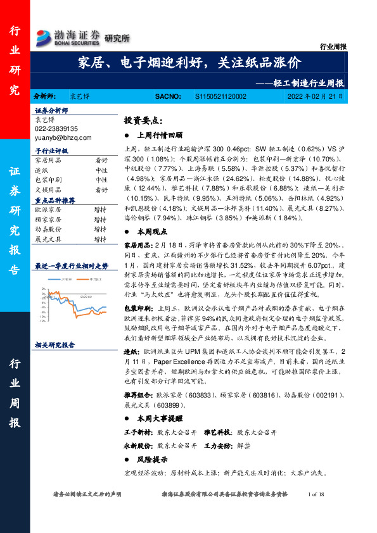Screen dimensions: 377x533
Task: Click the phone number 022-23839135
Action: click(60, 129)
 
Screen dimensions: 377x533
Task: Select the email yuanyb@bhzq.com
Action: click(63, 137)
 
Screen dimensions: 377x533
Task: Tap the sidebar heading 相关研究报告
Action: click(55, 345)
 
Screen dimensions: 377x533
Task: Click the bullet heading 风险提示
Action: click(154, 460)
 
